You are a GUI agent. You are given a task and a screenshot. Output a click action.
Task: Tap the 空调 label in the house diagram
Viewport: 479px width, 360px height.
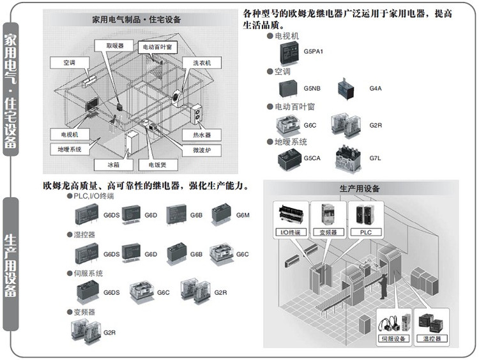(x=69, y=63)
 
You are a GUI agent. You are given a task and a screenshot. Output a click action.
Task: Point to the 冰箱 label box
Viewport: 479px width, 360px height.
(x=113, y=165)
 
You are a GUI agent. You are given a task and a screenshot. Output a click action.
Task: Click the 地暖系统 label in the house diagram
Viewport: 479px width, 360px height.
(x=69, y=149)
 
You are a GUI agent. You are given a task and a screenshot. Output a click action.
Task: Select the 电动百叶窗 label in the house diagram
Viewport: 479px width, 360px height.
(x=156, y=47)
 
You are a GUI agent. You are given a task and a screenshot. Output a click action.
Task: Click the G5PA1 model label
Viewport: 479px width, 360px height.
(x=314, y=51)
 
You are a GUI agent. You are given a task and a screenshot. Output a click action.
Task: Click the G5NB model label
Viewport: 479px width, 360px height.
(x=312, y=88)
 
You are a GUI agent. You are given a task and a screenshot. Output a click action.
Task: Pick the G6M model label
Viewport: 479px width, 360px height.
(x=243, y=215)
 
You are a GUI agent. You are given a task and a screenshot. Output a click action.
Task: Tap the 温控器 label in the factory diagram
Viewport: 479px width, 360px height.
(x=432, y=338)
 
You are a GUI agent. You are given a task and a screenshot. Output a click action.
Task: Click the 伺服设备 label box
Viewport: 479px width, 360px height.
(x=393, y=338)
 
